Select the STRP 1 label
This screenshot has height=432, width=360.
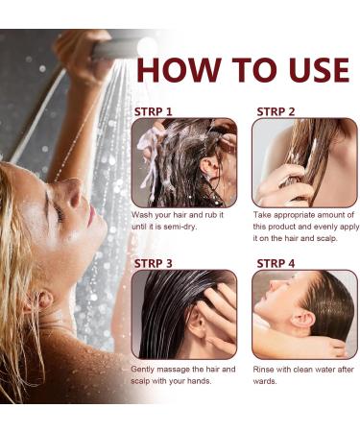click(154, 111)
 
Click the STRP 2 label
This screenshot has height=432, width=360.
click(276, 111)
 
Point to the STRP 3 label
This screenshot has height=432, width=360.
click(154, 263)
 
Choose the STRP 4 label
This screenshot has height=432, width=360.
click(276, 263)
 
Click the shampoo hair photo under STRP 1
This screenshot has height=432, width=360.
click(184, 163)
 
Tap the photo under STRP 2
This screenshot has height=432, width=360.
click(304, 163)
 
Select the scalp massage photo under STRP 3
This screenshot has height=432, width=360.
click(184, 314)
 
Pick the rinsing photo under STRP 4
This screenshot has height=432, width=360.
click(304, 314)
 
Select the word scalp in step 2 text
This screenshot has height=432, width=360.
click(326, 239)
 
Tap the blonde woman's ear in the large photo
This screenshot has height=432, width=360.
click(39, 302)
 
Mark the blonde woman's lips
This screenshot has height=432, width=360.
click(91, 215)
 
